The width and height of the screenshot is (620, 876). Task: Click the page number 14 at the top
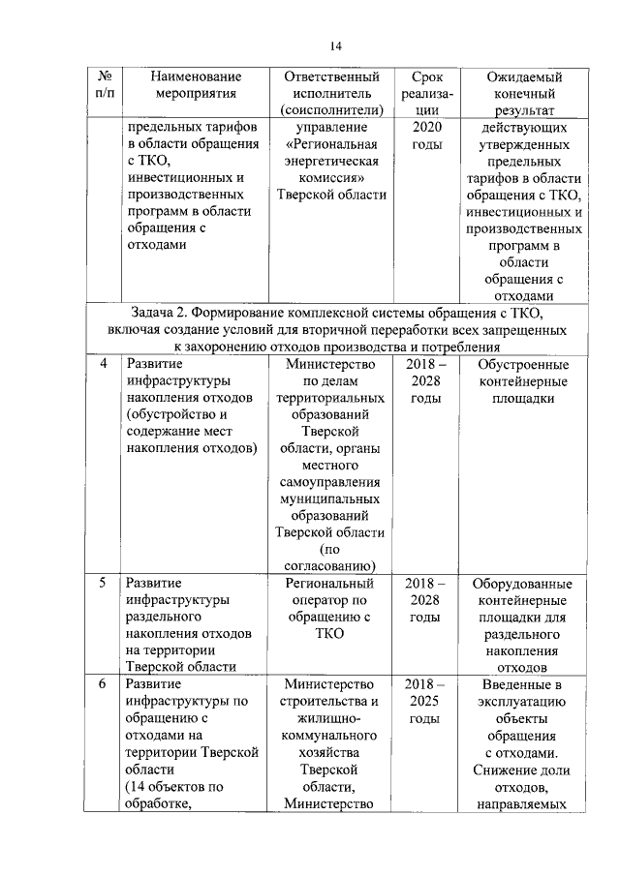tap(336, 45)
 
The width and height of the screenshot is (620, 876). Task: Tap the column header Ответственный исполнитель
tap(330, 93)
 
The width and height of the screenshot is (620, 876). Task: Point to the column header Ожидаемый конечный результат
tap(522, 93)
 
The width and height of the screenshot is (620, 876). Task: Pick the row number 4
tap(104, 364)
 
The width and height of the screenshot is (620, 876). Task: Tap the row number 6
tap(104, 684)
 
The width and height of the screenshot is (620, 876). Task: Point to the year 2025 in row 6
tap(427, 702)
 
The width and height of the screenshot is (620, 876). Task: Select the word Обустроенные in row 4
tap(523, 364)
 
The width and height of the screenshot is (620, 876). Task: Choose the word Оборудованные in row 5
tap(522, 584)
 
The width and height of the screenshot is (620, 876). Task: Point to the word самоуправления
tap(330, 482)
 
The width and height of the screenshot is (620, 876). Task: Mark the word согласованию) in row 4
tap(330, 566)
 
